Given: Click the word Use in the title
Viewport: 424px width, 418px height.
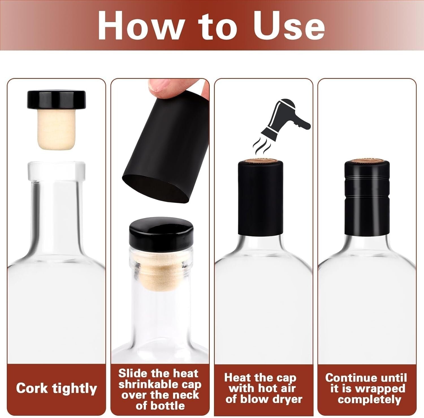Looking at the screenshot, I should [x=289, y=26].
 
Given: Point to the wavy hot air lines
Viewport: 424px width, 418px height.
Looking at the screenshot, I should [x=260, y=145].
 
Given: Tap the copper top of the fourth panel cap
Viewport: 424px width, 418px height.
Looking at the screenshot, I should [x=367, y=161].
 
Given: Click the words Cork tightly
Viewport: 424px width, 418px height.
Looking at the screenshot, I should [x=56, y=388].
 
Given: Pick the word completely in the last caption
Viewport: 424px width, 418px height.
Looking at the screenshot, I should [x=369, y=399].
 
